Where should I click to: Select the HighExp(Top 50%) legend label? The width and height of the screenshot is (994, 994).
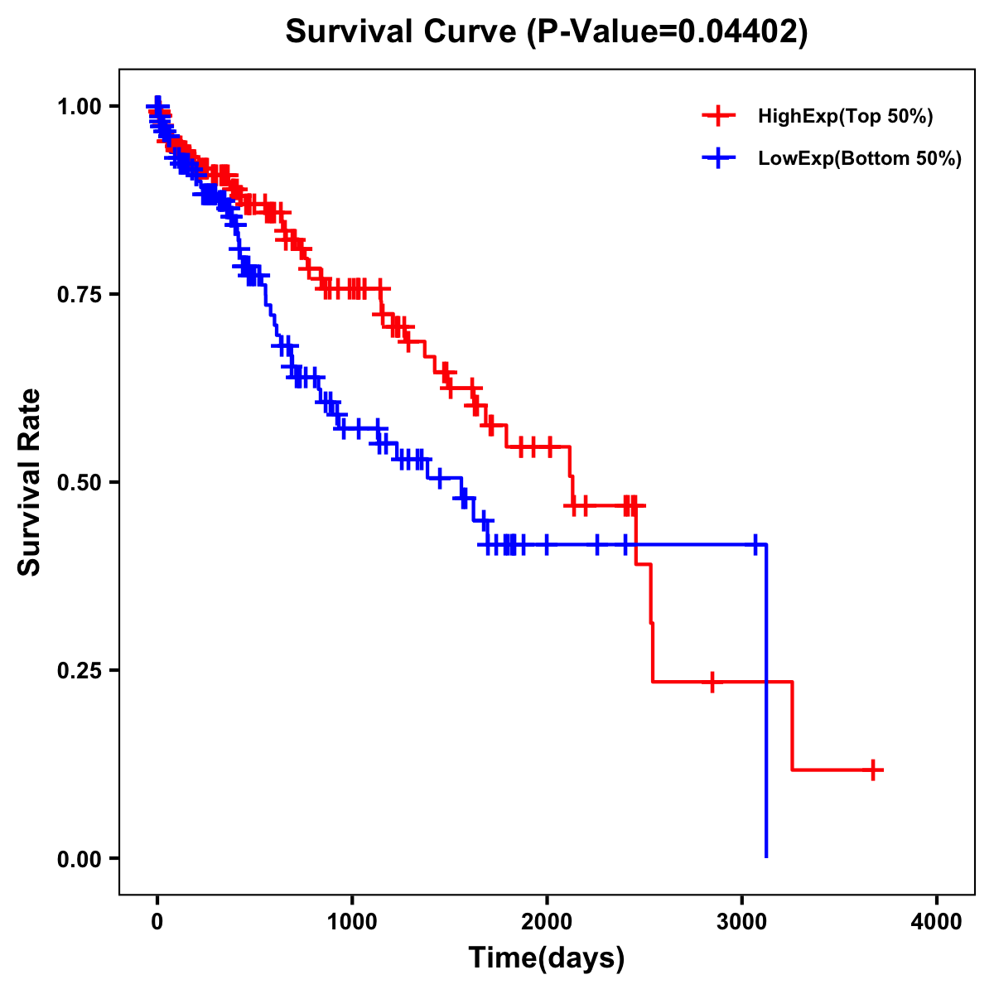[x=845, y=117]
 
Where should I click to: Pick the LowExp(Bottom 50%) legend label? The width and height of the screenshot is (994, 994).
[x=860, y=159]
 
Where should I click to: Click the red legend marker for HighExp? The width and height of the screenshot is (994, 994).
[x=718, y=116]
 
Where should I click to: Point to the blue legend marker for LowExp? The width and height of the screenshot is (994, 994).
[x=718, y=158]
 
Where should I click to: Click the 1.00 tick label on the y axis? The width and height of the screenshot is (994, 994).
[x=79, y=106]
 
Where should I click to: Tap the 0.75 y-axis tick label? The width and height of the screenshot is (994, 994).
[x=79, y=294]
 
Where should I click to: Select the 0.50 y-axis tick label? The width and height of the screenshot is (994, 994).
[x=79, y=482]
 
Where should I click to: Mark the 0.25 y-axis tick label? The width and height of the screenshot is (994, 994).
[x=79, y=670]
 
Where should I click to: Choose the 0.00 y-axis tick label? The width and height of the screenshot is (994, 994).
[x=79, y=858]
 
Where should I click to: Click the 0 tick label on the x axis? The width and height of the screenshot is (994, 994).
[x=157, y=922]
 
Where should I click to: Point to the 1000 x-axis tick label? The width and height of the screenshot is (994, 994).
[x=352, y=922]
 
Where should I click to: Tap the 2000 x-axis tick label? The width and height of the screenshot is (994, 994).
[x=547, y=922]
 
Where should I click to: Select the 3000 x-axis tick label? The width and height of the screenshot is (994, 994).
[x=742, y=922]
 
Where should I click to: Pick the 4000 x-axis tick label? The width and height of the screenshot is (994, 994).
[x=937, y=922]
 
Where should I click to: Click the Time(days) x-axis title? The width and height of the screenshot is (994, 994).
[x=547, y=958]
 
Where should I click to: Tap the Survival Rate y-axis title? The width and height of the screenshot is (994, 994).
[x=30, y=482]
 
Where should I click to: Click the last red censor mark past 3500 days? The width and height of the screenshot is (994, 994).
[x=873, y=770]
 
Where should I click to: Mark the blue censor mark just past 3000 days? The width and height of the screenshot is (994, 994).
[x=755, y=544]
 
